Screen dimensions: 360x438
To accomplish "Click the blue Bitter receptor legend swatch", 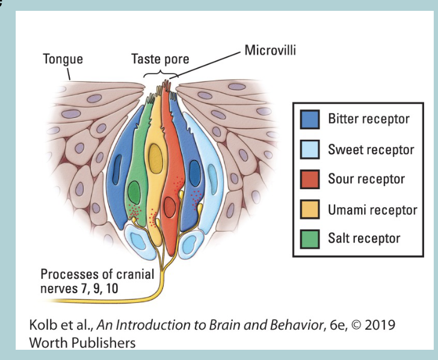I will [310, 119].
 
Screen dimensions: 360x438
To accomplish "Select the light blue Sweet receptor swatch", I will [310, 149].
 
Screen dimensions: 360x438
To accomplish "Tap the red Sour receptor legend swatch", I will [310, 179].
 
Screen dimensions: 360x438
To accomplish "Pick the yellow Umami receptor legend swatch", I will [310, 209].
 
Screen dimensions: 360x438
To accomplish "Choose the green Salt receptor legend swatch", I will [310, 239].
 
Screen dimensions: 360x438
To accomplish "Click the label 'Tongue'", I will [63, 59].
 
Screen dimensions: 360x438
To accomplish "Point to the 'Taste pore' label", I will [160, 59].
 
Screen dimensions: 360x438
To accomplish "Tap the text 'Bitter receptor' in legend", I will [368, 119].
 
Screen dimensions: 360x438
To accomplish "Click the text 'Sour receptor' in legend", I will [366, 179].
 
